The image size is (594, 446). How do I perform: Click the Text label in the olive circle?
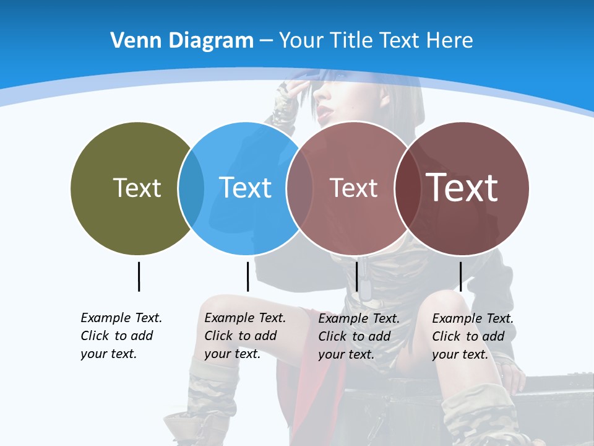coord(137,188)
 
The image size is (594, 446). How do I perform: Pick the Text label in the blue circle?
coord(245,188)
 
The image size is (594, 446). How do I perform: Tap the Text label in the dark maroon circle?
coord(462,187)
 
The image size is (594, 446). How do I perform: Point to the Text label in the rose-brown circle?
coord(353,188)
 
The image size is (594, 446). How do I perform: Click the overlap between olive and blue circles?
coord(191,188)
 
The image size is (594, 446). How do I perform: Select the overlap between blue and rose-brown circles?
coord(299,188)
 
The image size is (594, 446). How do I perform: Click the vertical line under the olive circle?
coord(139,276)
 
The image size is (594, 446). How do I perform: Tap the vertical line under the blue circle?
coord(247,276)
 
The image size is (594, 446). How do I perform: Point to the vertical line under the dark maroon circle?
coord(460,276)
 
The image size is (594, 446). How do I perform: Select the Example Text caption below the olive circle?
coord(121,336)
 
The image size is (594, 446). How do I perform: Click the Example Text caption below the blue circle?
coord(244,336)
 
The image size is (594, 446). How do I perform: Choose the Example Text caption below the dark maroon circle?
coord(472,336)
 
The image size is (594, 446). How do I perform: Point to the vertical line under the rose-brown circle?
coord(356,276)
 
